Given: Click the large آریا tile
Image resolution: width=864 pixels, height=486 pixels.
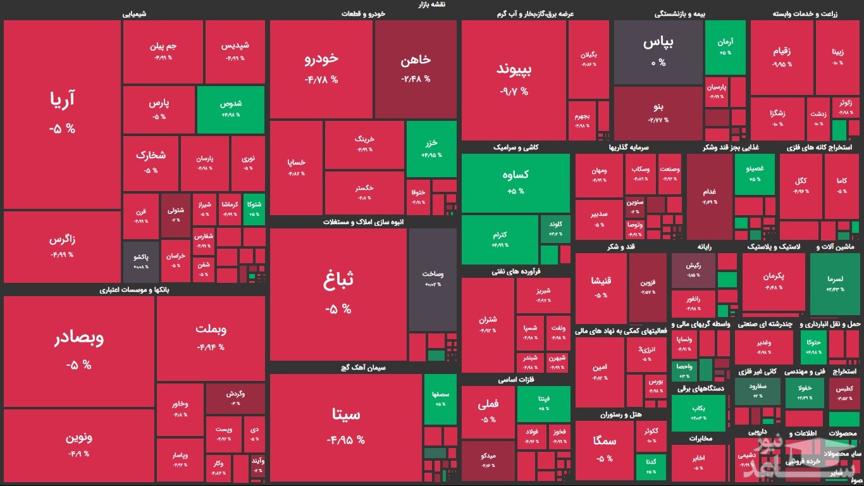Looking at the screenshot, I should [62, 114].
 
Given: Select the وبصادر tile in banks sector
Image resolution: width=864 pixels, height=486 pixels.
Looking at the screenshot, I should [78, 351].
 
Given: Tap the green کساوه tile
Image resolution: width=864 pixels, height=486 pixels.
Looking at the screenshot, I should [515, 182].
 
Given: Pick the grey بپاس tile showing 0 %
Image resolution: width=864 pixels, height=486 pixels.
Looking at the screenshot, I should [658, 52].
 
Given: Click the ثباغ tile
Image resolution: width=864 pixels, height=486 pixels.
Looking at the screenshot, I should [338, 294].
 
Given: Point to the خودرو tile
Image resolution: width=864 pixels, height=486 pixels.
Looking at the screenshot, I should [321, 68].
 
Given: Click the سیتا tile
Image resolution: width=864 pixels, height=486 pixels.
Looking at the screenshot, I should [345, 427].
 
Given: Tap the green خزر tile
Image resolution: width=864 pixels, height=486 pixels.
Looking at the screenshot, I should [431, 148].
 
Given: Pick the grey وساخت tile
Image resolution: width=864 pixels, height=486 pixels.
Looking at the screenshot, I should [433, 278].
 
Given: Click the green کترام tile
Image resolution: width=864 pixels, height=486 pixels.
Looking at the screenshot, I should [500, 239].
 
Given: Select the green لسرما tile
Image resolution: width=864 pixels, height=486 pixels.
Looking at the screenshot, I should [835, 283].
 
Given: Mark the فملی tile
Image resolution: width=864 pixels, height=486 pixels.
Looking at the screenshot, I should [488, 411].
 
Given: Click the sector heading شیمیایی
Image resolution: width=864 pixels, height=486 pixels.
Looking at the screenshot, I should [134, 13].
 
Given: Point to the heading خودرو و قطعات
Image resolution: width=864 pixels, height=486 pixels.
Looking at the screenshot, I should [363, 13].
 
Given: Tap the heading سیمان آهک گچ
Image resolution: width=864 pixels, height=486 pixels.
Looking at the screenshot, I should [363, 368].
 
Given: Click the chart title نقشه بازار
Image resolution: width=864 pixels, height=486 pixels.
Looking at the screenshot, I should [431, 4].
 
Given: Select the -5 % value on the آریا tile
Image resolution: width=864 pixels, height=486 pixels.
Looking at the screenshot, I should [62, 128].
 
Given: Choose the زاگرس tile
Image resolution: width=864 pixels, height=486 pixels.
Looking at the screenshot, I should [62, 247].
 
